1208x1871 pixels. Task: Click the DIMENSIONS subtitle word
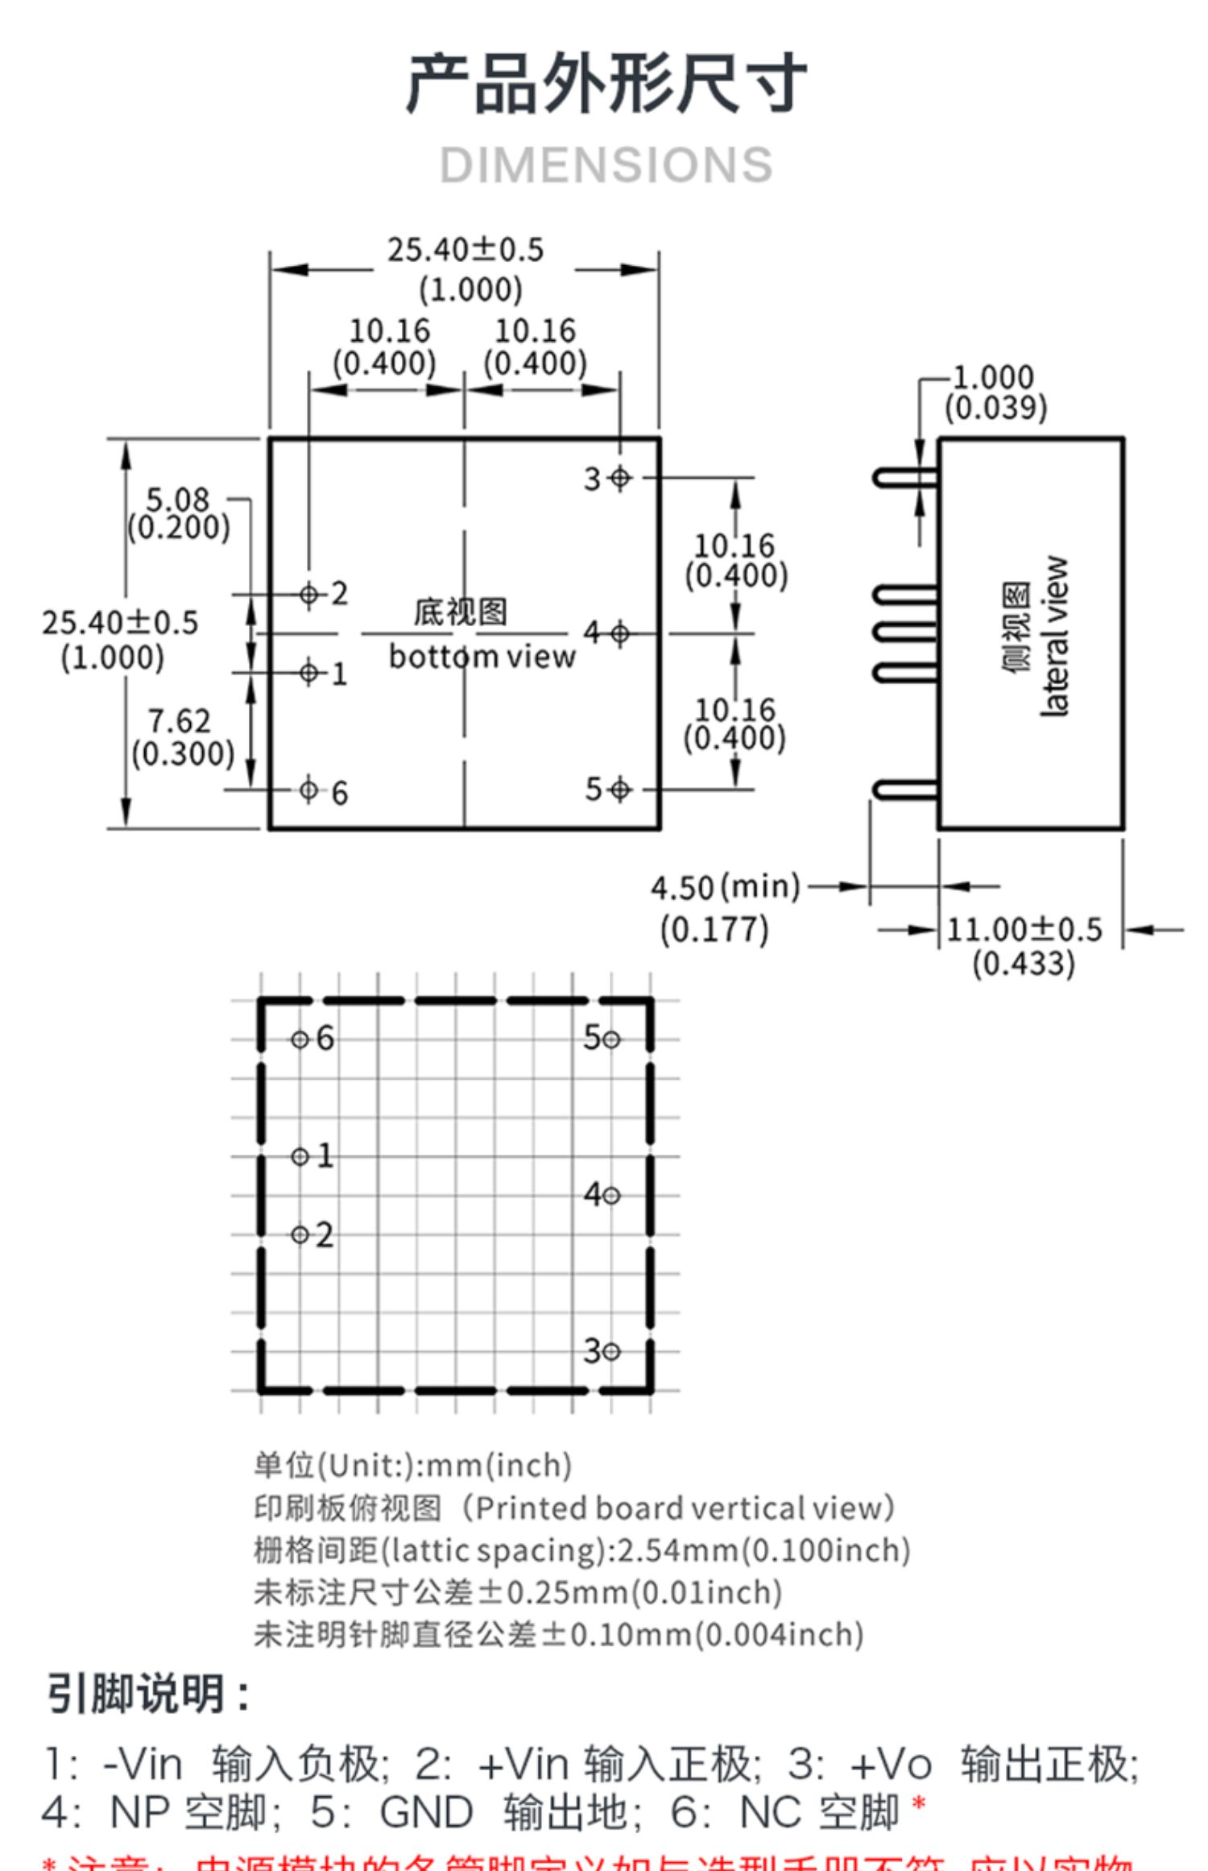point(606,165)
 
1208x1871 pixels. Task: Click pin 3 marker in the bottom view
point(619,478)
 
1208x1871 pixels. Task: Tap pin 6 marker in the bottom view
point(308,790)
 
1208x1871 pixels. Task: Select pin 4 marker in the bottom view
point(619,634)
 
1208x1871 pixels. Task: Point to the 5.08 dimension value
point(177,500)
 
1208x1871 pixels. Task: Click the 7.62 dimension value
point(179,720)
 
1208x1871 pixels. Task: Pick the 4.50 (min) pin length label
point(725,888)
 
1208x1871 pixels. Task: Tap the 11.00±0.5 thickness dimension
point(1024,930)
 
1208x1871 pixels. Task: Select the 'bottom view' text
point(482,657)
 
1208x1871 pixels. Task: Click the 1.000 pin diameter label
point(993,377)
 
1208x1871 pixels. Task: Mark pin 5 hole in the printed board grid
point(611,1039)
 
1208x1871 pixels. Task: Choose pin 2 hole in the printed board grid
point(300,1234)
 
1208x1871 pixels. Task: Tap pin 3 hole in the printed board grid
point(611,1351)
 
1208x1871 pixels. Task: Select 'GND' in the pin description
point(426,1813)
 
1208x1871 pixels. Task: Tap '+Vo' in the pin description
point(891,1765)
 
